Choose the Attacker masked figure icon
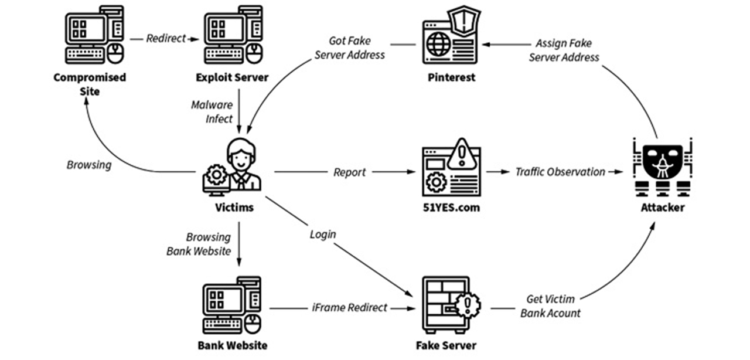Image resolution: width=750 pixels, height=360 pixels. point(663,167)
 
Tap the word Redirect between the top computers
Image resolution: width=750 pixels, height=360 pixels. point(165,38)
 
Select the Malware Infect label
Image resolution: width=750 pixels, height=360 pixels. point(212,111)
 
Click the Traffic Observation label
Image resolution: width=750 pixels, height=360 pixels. point(560,172)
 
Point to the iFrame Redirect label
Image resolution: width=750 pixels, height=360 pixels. point(350,307)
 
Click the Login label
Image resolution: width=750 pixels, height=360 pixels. point(323,234)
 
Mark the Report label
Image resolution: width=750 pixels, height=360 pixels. point(349,172)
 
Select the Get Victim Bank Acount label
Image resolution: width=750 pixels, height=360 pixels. point(550,306)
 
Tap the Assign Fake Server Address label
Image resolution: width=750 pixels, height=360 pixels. point(564,50)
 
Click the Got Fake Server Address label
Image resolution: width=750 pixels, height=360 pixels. point(350,47)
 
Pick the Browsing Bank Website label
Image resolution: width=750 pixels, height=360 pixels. point(199,244)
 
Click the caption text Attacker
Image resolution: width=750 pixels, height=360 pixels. point(662,207)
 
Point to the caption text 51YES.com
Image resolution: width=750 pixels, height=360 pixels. point(451,207)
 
